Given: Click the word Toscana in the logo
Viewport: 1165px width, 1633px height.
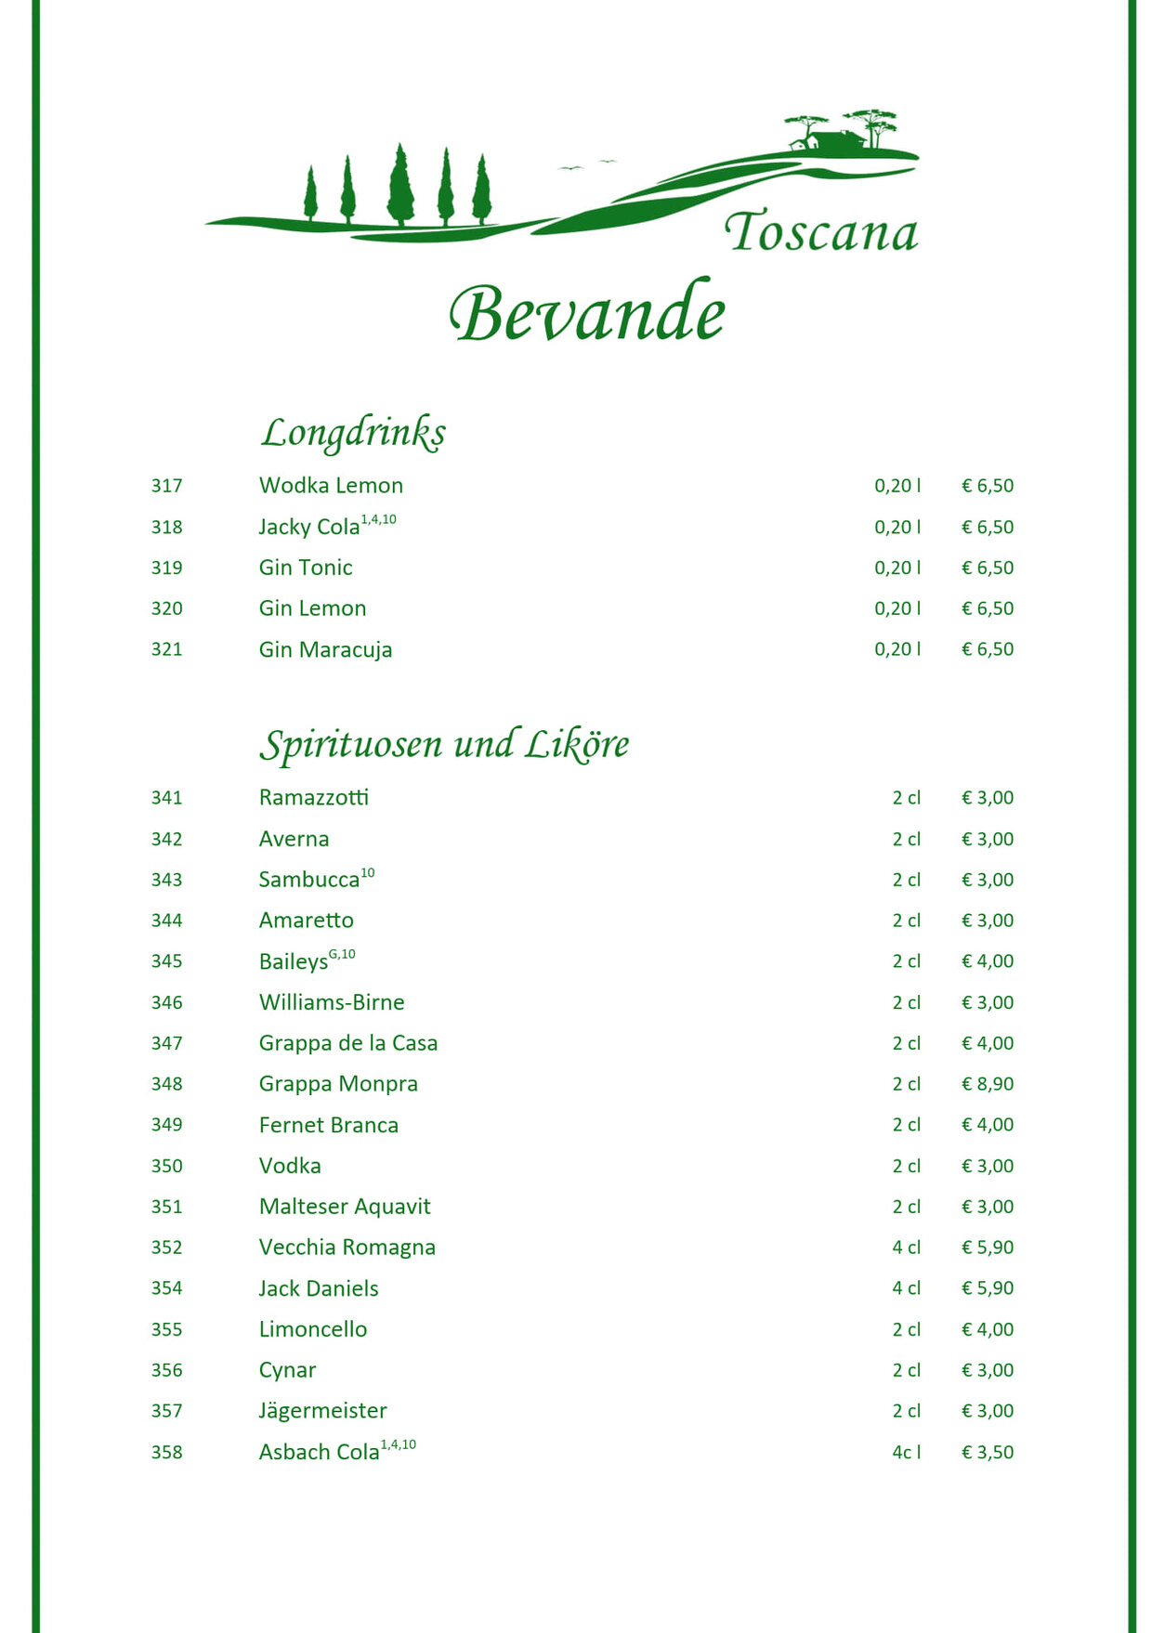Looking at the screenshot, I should tap(820, 231).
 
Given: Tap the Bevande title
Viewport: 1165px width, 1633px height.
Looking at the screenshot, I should tap(587, 312).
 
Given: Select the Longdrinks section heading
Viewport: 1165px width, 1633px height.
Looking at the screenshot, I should tap(353, 433).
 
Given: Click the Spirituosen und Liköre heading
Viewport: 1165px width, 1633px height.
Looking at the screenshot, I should tap(444, 745).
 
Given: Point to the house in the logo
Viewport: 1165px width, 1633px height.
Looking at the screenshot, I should tap(827, 142).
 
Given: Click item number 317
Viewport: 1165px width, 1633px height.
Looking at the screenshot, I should tap(167, 486).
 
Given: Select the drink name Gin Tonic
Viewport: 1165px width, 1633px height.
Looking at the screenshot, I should tap(306, 568).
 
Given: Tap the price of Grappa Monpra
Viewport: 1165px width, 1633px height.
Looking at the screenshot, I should tap(988, 1084).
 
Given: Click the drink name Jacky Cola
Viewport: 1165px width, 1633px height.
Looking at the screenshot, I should tap(309, 527).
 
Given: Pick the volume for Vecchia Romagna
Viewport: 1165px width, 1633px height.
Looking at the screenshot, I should tap(906, 1248).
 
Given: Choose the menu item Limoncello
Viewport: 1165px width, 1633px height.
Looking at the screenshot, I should tap(313, 1329).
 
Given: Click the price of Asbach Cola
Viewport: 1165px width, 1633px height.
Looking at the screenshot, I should tap(988, 1452).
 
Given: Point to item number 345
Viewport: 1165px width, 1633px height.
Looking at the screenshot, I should tap(167, 961).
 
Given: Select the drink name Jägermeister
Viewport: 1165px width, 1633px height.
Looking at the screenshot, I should tap(322, 1411).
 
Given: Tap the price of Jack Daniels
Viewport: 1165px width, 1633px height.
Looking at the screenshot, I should tap(988, 1288).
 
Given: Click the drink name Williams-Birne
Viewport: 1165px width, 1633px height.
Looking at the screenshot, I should tap(332, 1002).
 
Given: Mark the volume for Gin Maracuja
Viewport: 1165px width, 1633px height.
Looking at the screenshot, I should tap(897, 649).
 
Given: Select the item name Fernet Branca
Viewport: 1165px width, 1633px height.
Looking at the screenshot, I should tap(329, 1125).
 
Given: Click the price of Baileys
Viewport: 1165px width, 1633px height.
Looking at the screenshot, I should tap(988, 961).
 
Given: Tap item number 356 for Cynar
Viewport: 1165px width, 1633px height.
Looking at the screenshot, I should tap(167, 1370).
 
